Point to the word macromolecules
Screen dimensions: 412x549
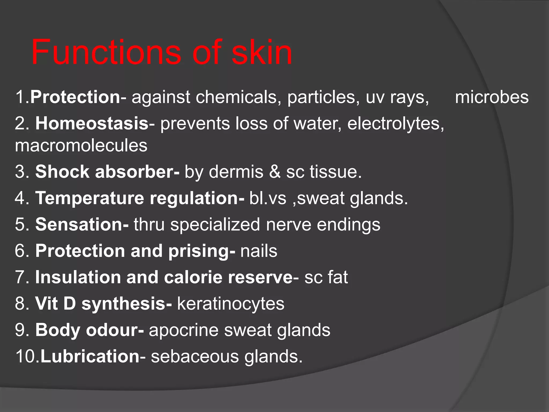click(x=81, y=145)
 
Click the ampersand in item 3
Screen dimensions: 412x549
click(x=274, y=172)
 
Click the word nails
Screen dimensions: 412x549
click(x=259, y=251)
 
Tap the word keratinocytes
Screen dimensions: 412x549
click(x=231, y=304)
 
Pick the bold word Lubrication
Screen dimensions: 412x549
click(x=90, y=356)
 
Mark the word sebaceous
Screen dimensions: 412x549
click(x=195, y=356)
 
